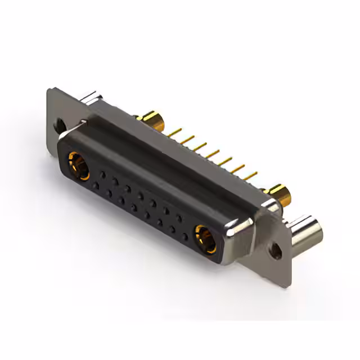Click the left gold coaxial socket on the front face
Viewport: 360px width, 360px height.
click(78, 164)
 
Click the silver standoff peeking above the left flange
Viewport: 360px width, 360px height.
click(91, 100)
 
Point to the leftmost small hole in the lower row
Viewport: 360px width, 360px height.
click(96, 185)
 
